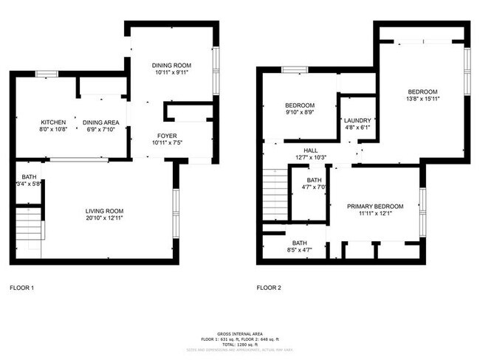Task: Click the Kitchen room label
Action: point(53,122)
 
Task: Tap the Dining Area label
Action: point(100,122)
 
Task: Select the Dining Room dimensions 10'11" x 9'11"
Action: point(171,73)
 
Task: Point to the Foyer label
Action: point(166,136)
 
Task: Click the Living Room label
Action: point(103,211)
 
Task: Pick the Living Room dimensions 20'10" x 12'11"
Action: point(103,219)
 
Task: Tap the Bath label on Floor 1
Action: point(29,177)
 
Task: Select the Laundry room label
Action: point(357,120)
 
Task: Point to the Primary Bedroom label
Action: point(375,206)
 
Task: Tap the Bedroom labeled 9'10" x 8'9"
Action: point(300,105)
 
